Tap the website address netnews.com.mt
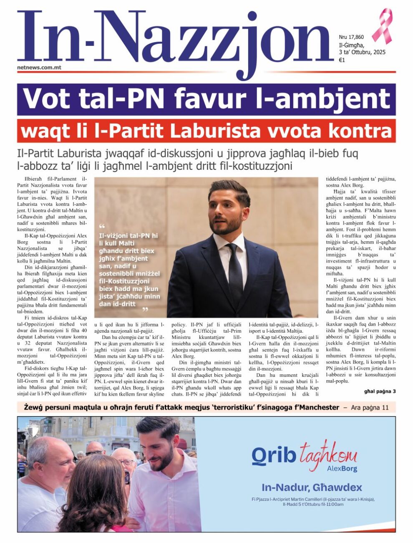pos(39,67)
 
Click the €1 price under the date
pos(342,60)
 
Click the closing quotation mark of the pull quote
pos(145,310)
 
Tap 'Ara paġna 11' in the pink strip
pos(370,407)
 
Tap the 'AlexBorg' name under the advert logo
pos(342,469)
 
